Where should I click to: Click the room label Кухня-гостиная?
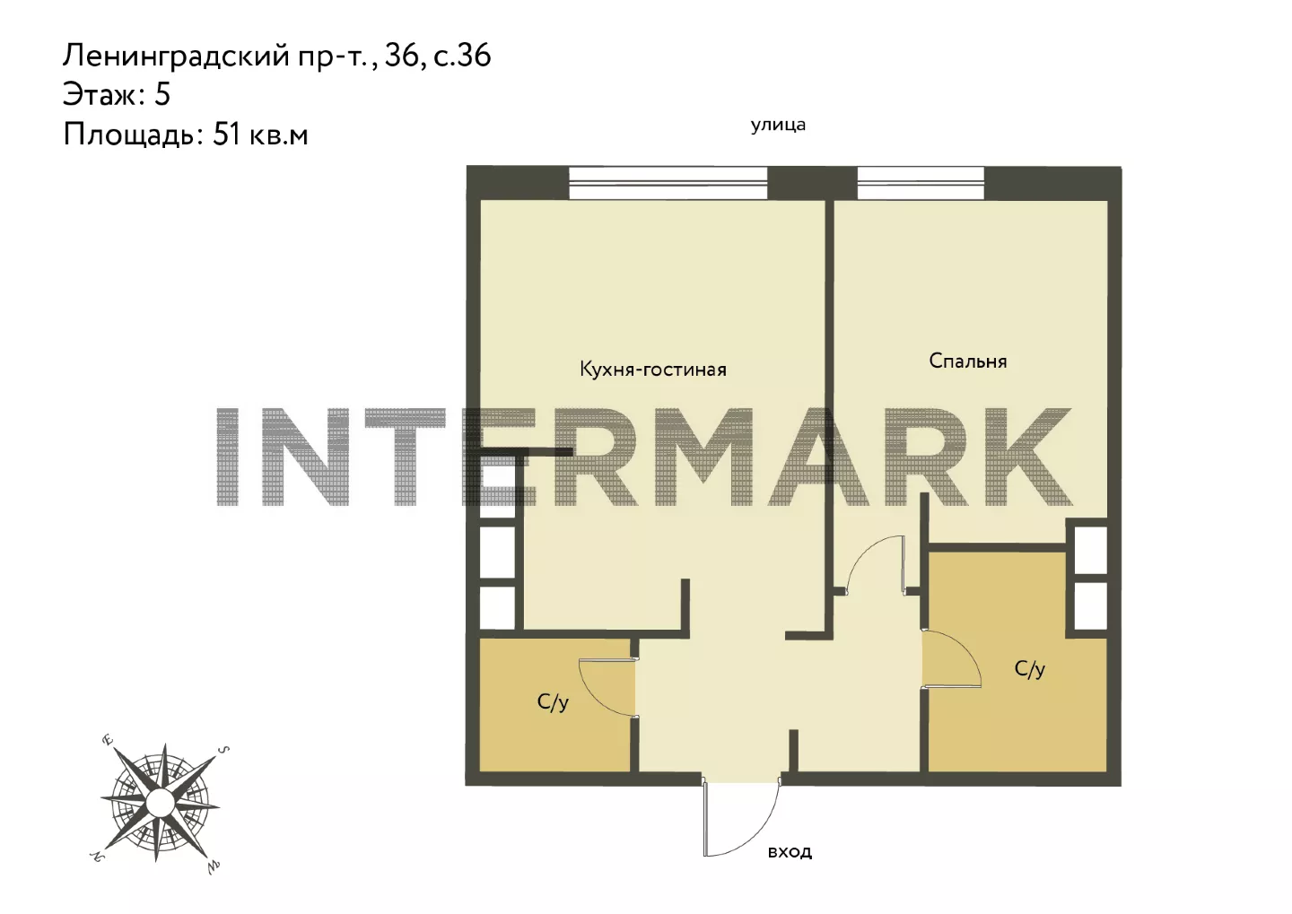coord(653,369)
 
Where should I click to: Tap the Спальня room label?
coord(968,361)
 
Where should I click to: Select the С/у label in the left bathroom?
coord(553,701)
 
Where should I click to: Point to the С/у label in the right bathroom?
coord(1030,668)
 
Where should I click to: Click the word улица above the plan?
coord(778,126)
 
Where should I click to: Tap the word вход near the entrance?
coord(790,851)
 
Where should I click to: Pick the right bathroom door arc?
coord(964,647)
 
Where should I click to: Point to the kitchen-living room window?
coord(668,183)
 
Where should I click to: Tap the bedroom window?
coord(921,183)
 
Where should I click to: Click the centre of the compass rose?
coord(160,802)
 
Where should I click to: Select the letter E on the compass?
coord(108,740)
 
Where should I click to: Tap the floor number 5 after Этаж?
coord(162,95)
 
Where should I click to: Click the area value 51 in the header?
coord(226,135)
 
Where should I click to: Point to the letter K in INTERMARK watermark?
coord(1026,457)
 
